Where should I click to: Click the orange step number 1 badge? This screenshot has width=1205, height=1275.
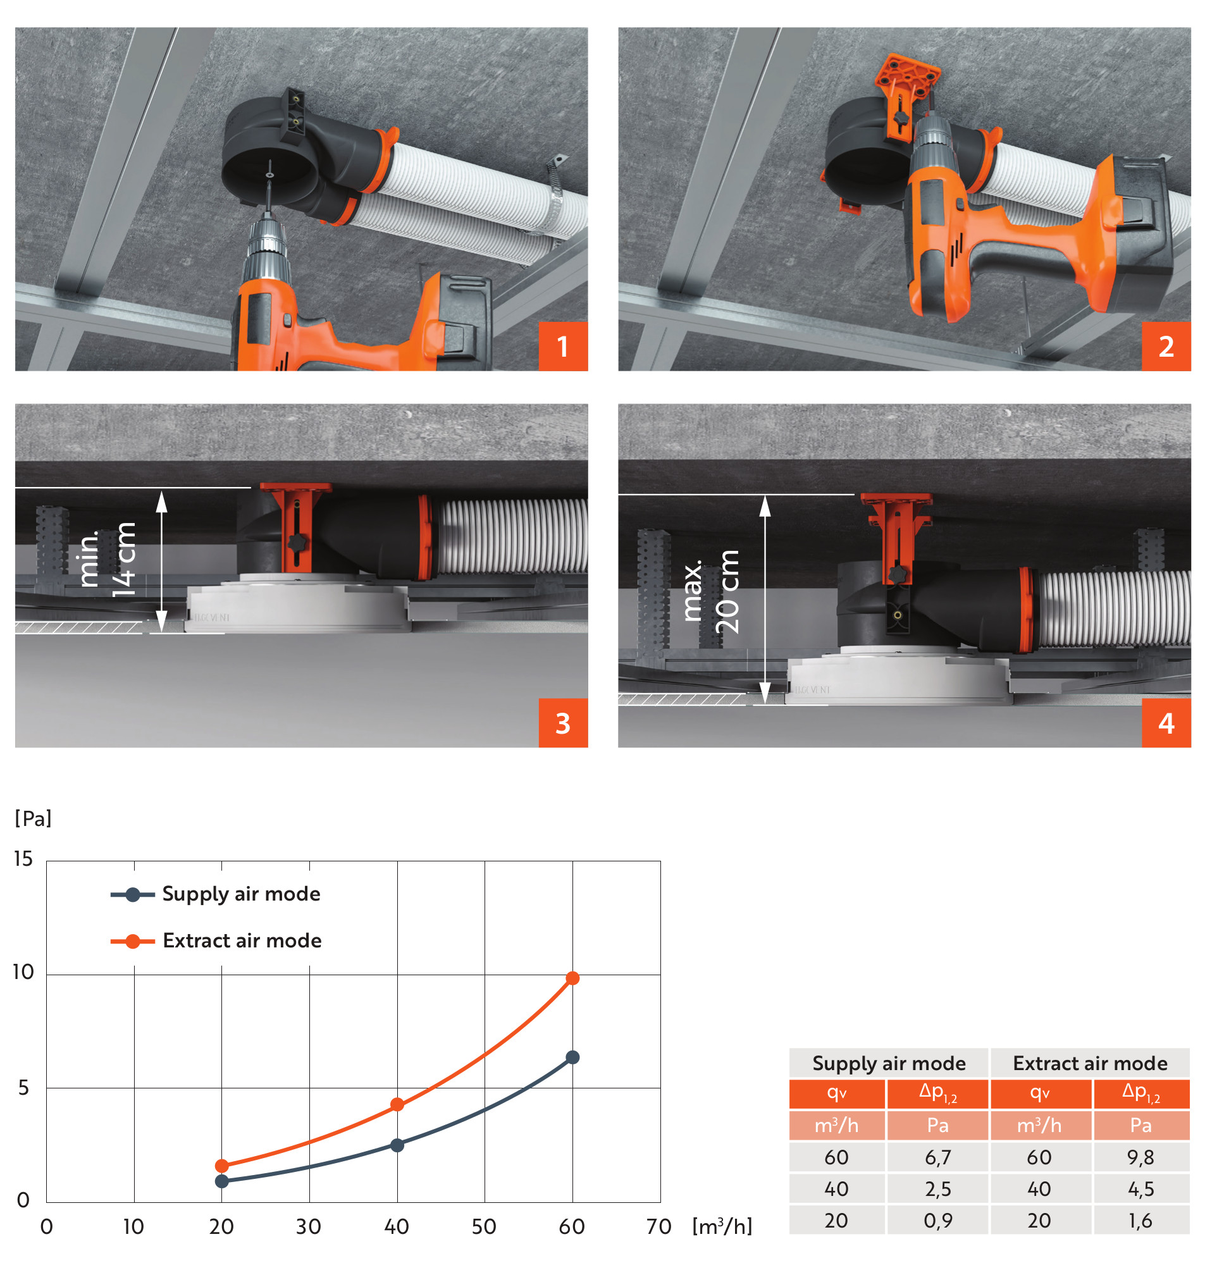564,346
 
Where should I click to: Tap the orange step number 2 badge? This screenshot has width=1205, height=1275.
1166,346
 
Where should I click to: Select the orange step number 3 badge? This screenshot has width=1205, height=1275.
564,724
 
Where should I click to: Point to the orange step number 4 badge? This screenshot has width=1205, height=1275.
1166,724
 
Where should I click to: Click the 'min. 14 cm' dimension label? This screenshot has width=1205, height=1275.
107,559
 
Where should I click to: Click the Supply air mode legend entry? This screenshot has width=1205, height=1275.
216,894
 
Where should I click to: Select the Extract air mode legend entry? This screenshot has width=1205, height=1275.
216,941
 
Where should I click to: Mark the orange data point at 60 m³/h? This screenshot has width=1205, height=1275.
572,978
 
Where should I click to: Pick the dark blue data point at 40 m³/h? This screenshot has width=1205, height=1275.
398,1145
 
